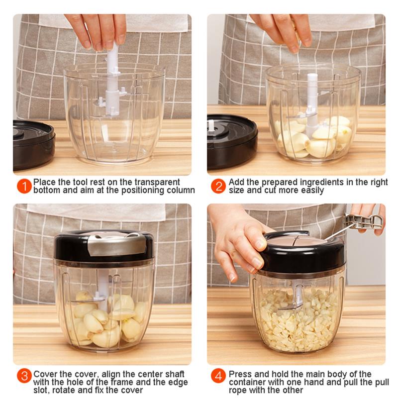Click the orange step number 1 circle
tap(24, 186)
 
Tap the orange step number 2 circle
tap(218, 186)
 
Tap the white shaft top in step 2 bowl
tap(312, 80)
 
